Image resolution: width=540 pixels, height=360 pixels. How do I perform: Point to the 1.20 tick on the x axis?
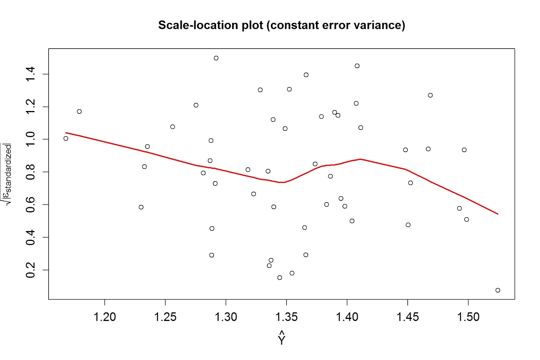click(105, 317)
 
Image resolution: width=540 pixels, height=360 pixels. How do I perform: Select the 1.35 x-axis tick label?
click(287, 317)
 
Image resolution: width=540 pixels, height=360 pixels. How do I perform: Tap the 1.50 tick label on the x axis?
click(468, 317)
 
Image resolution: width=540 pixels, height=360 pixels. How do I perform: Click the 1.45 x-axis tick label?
click(408, 317)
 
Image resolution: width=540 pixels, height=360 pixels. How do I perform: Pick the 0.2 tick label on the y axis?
click(30, 270)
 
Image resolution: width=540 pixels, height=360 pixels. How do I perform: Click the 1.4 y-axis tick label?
click(30, 74)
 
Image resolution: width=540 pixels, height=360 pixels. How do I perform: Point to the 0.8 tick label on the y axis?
click(30, 172)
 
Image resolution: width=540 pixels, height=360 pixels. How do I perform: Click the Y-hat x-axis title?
click(282, 338)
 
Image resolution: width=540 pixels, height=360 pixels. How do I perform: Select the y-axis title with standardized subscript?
click(7, 174)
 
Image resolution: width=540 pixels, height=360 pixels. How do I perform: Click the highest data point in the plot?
click(216, 58)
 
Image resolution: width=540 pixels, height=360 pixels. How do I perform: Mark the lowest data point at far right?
click(498, 290)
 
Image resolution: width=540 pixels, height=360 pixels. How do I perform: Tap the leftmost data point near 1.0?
click(66, 138)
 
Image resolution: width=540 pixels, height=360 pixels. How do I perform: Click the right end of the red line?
click(498, 214)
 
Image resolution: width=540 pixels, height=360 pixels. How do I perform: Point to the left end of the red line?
click(66, 133)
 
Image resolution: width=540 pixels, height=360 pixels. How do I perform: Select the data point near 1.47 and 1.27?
click(430, 95)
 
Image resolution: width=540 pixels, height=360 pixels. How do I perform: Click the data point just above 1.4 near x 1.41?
click(357, 66)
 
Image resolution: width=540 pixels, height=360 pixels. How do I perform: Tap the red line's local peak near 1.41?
click(361, 159)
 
